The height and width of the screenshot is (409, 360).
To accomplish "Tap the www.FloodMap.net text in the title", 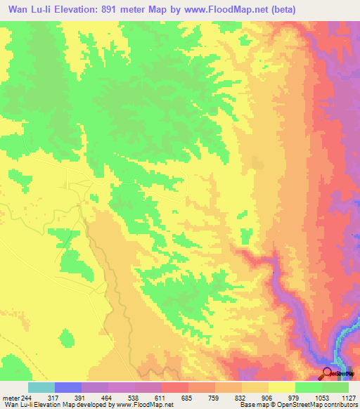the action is (x=228, y=10).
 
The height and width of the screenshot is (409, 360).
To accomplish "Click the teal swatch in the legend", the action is (x=41, y=387).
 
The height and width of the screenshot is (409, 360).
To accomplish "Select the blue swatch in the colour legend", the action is (x=68, y=387).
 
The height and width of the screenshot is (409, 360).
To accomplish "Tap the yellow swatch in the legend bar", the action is (x=282, y=387).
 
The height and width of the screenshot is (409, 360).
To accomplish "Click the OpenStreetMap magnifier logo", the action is (x=328, y=373).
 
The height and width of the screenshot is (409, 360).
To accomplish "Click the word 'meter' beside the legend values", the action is (x=10, y=397).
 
